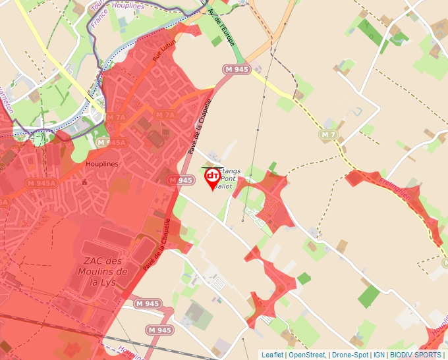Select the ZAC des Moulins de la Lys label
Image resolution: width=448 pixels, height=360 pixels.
101,267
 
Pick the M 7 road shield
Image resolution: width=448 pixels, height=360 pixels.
328,134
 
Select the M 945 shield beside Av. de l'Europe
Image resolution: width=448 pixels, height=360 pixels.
237,69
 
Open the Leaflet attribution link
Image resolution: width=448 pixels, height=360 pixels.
272,355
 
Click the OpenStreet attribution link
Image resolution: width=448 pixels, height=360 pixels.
308,355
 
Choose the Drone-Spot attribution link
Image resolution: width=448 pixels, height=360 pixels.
350,355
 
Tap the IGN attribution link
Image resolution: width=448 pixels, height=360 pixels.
379,355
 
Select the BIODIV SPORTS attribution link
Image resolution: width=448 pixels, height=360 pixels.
416,355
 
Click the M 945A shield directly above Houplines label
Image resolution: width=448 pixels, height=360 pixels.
111,142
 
